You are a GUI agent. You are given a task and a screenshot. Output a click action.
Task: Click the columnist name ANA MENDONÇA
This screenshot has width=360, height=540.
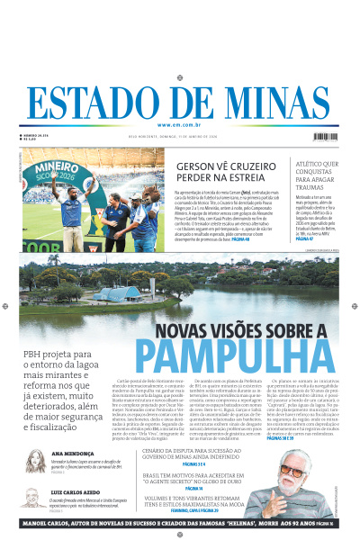[71, 454]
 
